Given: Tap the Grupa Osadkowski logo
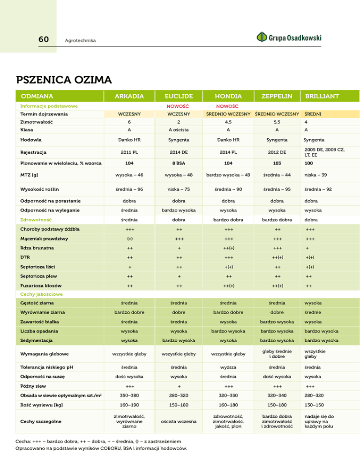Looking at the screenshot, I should pos(289,37).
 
